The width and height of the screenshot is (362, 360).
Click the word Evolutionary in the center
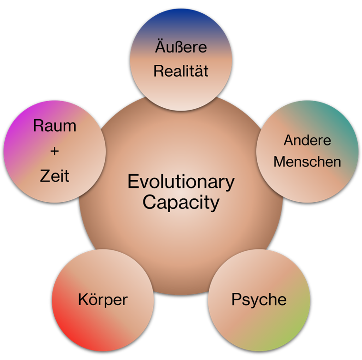click(x=181, y=182)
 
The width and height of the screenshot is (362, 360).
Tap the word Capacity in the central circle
click(x=181, y=203)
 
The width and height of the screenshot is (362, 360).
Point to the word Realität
click(x=181, y=71)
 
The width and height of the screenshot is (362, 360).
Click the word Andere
click(x=307, y=140)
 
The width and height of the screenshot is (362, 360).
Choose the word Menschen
click(x=307, y=162)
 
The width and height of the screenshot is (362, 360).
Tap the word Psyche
click(x=259, y=300)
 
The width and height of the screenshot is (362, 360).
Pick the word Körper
click(x=103, y=300)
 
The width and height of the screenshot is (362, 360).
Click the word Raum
click(x=55, y=126)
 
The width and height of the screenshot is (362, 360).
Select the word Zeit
click(x=55, y=176)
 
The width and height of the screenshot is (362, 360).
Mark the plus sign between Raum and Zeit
click(x=55, y=151)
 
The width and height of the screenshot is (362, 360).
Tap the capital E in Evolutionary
click(x=133, y=181)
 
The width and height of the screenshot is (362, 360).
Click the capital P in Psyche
click(x=237, y=299)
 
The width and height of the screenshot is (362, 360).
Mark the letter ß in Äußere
click(x=177, y=46)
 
